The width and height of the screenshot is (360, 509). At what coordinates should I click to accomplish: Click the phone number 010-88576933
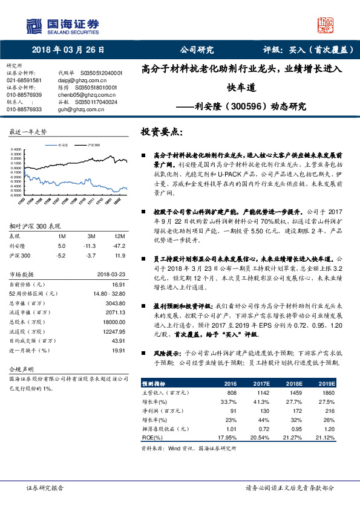pyautogui.click(x=24, y=109)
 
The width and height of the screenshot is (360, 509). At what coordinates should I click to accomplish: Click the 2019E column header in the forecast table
pyautogui.click(x=327, y=384)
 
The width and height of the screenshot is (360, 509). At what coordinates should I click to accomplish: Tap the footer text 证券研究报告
pyautogui.click(x=43, y=488)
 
